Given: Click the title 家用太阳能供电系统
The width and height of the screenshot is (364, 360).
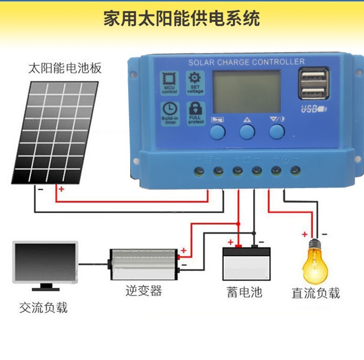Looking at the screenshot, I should (x=182, y=19).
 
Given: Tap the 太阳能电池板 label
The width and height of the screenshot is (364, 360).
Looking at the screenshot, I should (x=65, y=69).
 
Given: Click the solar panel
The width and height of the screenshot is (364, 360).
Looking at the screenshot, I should (x=55, y=132).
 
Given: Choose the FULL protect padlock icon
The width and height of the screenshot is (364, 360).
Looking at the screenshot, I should (x=195, y=110).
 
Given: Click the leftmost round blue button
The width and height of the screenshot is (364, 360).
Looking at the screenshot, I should (x=217, y=132).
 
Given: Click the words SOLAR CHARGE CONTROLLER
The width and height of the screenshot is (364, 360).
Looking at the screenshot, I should (x=247, y=62).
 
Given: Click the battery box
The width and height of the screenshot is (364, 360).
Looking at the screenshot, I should (x=246, y=264).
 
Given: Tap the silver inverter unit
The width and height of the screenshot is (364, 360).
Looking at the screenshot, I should (x=143, y=264).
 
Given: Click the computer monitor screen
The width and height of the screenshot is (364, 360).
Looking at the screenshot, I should (x=45, y=261).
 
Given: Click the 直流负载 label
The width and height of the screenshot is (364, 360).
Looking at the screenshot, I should (x=316, y=293).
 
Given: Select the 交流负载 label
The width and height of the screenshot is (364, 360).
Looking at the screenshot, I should (x=43, y=308).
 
